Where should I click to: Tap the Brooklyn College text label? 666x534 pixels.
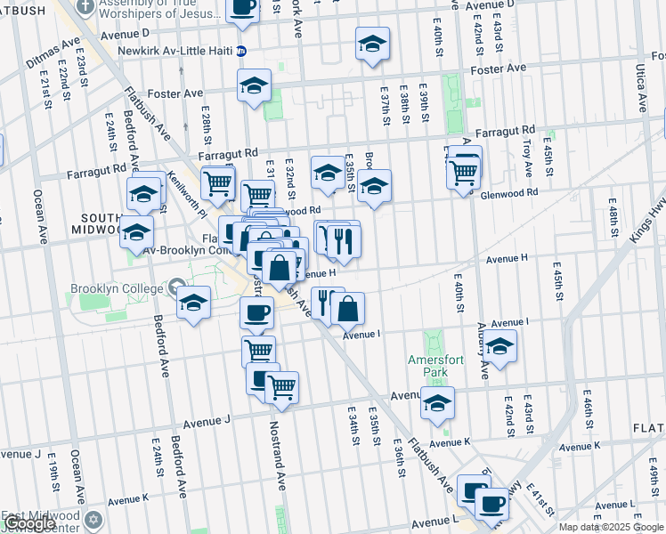[118, 289]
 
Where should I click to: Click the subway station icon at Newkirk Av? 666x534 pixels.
[240, 51]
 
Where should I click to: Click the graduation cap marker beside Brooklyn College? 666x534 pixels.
[193, 303]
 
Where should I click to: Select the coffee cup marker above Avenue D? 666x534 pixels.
[243, 6]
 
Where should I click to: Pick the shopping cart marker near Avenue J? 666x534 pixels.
[281, 387]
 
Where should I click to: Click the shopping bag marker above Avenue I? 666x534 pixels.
[348, 310]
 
